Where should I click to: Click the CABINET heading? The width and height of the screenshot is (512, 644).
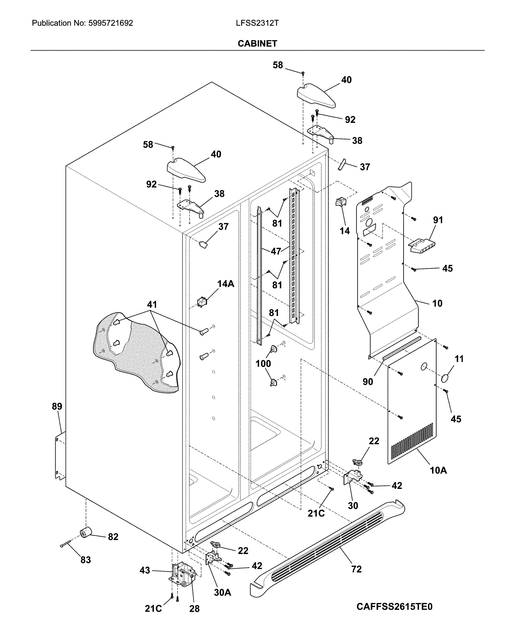[x=257, y=44]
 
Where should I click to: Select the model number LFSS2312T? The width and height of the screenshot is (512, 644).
[x=257, y=23]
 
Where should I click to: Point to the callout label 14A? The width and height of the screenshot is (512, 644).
[x=226, y=284]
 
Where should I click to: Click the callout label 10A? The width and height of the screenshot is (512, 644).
[x=438, y=470]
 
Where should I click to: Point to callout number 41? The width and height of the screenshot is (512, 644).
[x=152, y=304]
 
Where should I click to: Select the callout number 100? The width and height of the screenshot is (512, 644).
[x=263, y=363]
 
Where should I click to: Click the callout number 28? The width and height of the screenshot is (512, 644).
[x=194, y=609]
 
